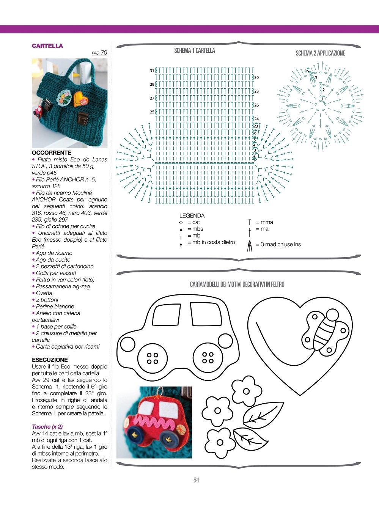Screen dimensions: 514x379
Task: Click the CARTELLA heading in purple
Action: click(x=47, y=46)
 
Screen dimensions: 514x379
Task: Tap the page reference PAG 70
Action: click(x=99, y=53)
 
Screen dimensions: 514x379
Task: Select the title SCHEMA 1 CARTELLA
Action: click(x=195, y=50)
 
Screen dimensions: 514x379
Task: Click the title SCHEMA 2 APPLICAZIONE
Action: click(x=320, y=53)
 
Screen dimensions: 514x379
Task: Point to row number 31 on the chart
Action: click(x=152, y=71)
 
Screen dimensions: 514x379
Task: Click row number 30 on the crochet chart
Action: click(x=256, y=77)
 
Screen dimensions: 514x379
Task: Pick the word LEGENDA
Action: click(x=192, y=215)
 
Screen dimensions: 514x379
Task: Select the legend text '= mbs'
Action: click(x=195, y=229)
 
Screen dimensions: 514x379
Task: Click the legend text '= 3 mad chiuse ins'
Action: click(x=278, y=244)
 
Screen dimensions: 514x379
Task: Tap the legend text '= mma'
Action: click(x=264, y=222)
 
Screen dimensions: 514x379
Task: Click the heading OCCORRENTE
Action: click(x=52, y=152)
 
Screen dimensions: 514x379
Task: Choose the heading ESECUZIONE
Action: click(x=50, y=360)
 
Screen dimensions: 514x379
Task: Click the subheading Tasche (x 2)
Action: click(x=47, y=426)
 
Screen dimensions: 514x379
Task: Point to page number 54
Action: click(x=196, y=480)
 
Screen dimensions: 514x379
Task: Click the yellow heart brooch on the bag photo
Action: click(x=80, y=99)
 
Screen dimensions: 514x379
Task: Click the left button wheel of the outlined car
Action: click(x=153, y=358)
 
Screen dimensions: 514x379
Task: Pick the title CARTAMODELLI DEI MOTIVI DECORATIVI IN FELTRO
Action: click(x=237, y=284)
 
